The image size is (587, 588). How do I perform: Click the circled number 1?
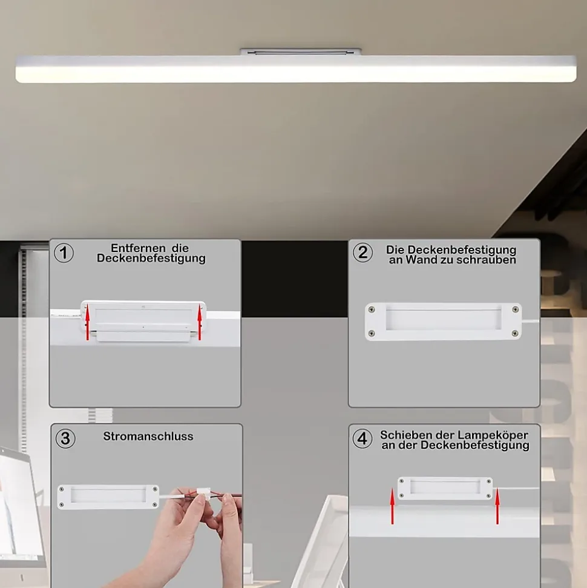(x=64, y=253)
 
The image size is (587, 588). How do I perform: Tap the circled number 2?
(x=363, y=252)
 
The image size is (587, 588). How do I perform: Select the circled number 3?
(x=65, y=438)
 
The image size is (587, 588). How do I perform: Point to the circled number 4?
(x=362, y=438)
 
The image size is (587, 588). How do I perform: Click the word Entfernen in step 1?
(x=139, y=248)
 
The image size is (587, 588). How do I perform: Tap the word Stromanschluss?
(x=148, y=437)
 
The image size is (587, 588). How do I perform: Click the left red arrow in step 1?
(x=88, y=324)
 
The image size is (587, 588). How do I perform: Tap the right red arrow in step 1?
(x=200, y=324)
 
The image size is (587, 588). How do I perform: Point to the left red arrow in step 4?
(x=393, y=506)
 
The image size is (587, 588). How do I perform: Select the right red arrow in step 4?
(x=497, y=506)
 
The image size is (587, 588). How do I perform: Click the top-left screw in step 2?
(x=372, y=310)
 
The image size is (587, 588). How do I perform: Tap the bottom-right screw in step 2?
(x=515, y=334)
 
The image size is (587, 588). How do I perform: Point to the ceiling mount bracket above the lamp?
(x=301, y=51)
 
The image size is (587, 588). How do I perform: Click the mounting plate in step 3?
(x=108, y=497)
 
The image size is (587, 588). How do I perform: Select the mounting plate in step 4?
(x=445, y=488)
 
